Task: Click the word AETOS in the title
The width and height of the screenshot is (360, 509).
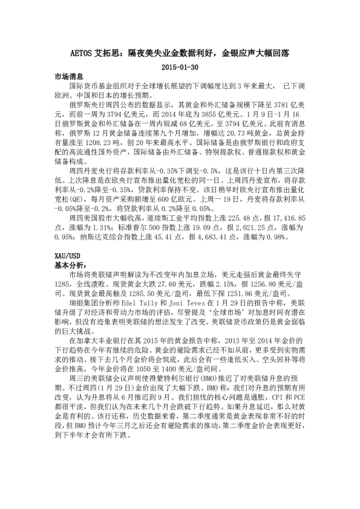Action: (x=78, y=53)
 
